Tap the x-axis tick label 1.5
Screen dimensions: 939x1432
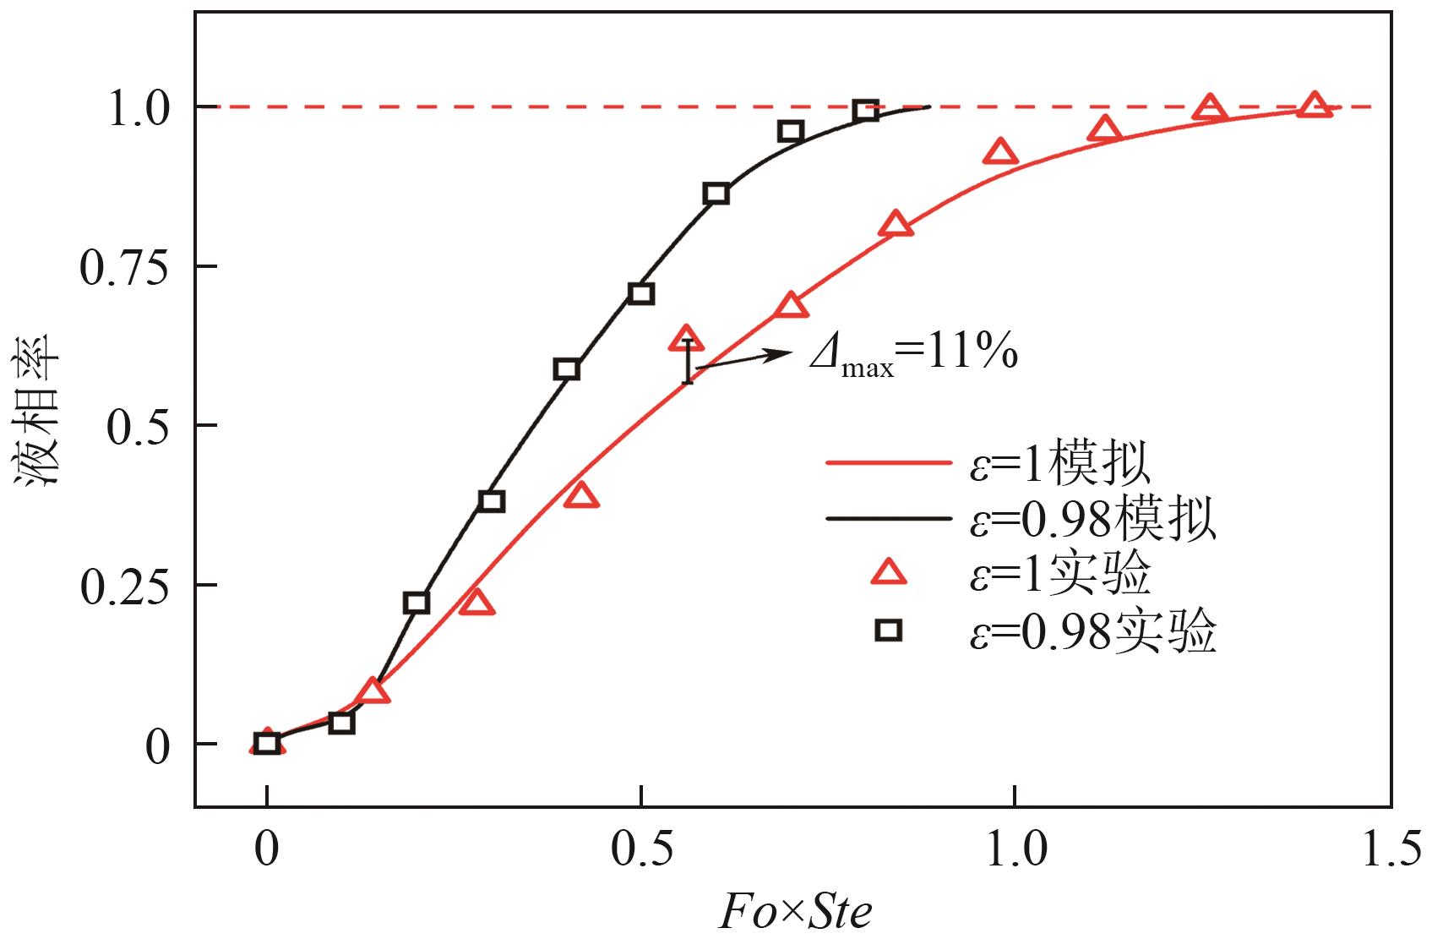[x=1391, y=849]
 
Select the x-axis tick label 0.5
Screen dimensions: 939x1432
[x=642, y=849]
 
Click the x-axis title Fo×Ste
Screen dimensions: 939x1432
[x=795, y=911]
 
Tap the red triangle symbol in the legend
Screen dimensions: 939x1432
[x=888, y=574]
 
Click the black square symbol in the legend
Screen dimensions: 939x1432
[x=888, y=630]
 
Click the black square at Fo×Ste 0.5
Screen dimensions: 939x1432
[x=641, y=294]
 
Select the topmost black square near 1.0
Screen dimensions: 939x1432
[x=865, y=110]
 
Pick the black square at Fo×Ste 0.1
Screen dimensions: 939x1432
[x=341, y=723]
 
